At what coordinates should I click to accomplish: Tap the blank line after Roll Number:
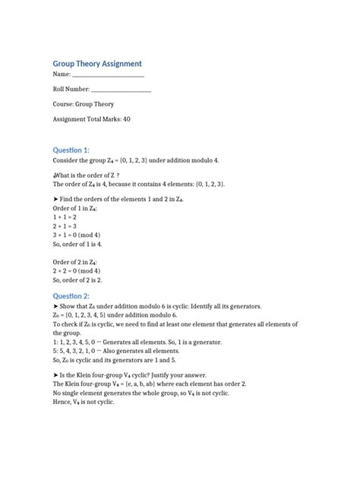121,90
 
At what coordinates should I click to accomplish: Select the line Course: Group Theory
83,104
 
